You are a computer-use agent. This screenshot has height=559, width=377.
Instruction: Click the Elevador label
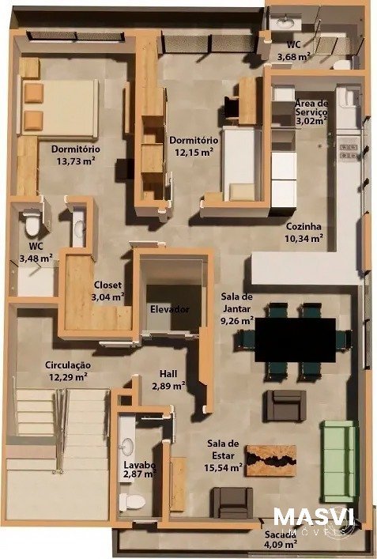pyautogui.click(x=170, y=309)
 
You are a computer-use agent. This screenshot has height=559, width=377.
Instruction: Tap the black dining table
pyautogui.click(x=296, y=340)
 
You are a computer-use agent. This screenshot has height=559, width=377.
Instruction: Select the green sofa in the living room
pyautogui.click(x=338, y=461)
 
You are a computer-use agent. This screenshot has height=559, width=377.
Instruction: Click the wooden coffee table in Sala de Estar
pyautogui.click(x=271, y=460)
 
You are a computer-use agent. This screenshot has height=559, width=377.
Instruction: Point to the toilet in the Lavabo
pyautogui.click(x=132, y=502)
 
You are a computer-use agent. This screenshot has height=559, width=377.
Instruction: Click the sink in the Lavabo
pyautogui.click(x=127, y=446)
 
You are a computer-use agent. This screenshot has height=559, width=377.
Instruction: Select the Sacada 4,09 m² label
pyautogui.click(x=281, y=539)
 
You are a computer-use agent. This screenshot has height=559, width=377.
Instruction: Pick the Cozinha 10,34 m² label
pyautogui.click(x=304, y=232)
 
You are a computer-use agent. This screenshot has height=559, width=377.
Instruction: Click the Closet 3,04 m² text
pyautogui.click(x=107, y=291)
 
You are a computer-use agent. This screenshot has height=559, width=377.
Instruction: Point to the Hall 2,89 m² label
pyautogui.click(x=168, y=380)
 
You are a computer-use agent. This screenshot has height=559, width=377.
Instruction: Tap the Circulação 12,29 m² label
pyautogui.click(x=68, y=371)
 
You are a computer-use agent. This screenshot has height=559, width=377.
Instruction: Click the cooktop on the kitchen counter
pyautogui.click(x=349, y=151)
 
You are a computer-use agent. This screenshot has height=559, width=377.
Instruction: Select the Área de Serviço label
pyautogui.click(x=311, y=108)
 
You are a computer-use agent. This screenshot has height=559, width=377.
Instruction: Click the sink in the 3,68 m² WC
pyautogui.click(x=285, y=23)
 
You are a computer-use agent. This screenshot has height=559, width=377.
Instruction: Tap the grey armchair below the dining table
pyautogui.click(x=285, y=406)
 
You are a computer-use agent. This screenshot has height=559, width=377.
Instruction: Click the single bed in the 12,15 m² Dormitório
pyautogui.click(x=239, y=164)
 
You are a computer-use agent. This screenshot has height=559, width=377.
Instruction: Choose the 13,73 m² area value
pyautogui.click(x=76, y=161)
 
